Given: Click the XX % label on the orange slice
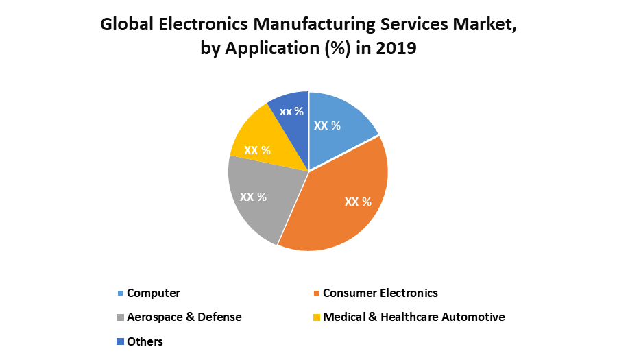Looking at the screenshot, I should tap(358, 202).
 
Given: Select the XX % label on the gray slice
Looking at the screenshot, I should tap(253, 197).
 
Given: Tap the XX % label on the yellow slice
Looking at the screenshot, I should tap(257, 149).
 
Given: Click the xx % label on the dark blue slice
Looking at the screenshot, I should tap(291, 111).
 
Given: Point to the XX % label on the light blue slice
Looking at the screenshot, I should tap(327, 125).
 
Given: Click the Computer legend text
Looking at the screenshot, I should tap(154, 293).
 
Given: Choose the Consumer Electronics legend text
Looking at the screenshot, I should tap(380, 293).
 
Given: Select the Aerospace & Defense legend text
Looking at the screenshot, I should tap(184, 317).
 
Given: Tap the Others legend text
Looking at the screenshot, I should tap(145, 341).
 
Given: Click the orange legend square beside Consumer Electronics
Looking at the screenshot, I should tap(317, 293).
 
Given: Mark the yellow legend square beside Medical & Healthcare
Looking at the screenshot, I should tap(317, 317).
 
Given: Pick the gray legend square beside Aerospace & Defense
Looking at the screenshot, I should tap(121, 317).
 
